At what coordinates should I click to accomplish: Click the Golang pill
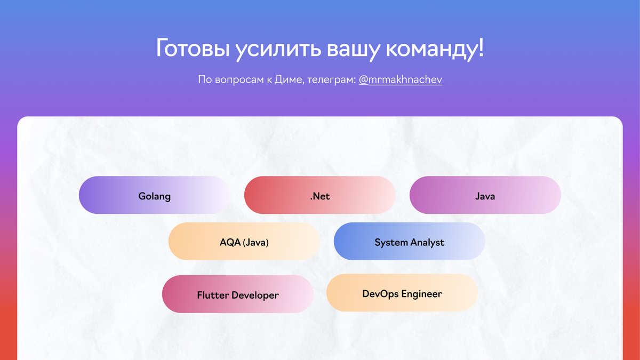(x=155, y=195)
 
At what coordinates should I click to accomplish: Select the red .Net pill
(x=320, y=195)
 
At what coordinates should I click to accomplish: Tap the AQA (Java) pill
(x=244, y=242)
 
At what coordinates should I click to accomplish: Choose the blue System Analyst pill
(x=409, y=242)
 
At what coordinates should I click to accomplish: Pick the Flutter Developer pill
(x=238, y=294)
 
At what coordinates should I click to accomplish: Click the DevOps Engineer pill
(x=402, y=293)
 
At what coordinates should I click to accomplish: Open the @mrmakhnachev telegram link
(x=400, y=79)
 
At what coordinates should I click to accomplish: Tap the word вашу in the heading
(x=352, y=49)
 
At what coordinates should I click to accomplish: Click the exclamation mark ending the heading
(x=481, y=48)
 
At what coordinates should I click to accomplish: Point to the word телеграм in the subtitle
(x=331, y=79)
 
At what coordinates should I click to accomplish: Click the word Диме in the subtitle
(x=288, y=79)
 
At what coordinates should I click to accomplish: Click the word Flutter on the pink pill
(x=212, y=295)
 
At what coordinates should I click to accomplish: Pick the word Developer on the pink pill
(x=254, y=295)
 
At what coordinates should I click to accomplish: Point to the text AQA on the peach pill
(x=230, y=242)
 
